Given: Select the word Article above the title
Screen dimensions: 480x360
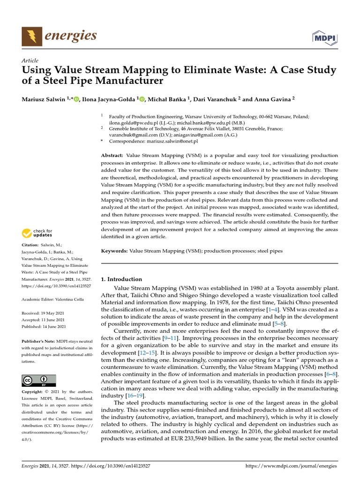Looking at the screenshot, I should tap(30, 60).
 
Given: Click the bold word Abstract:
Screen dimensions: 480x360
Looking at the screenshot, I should tap(112, 155).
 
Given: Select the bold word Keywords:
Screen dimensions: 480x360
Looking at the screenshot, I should tap(114, 251).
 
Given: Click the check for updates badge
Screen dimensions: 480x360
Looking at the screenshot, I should tap(37, 233).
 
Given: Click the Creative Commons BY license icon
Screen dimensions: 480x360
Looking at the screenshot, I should tap(39, 380).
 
